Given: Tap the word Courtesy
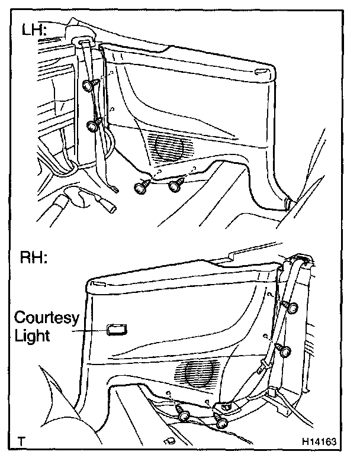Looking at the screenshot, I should tap(47, 318).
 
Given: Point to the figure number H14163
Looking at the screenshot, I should tap(320, 441).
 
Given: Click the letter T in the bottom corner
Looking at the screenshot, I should tap(22, 441).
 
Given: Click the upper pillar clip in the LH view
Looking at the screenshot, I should tap(89, 85).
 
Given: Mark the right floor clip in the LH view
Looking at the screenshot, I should tap(175, 185).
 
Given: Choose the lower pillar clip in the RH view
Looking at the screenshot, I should tap(287, 352).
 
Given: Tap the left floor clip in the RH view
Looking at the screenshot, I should tap(182, 414).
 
